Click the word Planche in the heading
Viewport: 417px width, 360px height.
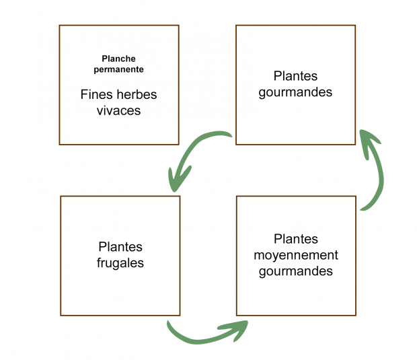pos(119,59)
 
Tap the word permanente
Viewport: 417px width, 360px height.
pos(119,69)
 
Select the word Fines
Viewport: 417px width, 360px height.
pos(96,95)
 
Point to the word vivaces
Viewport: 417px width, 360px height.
pos(119,110)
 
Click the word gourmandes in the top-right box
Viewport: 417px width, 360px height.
pos(295,92)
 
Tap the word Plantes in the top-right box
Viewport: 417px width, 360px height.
pos(295,77)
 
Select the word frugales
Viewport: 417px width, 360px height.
pos(120,263)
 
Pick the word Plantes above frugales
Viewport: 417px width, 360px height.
pos(120,248)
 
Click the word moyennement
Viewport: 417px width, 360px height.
pos(296,256)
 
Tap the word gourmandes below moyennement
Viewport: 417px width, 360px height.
pos(296,272)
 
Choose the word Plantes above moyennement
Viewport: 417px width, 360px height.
pos(296,240)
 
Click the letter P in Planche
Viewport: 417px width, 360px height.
pos(105,59)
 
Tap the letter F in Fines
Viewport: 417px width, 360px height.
pos(84,95)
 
